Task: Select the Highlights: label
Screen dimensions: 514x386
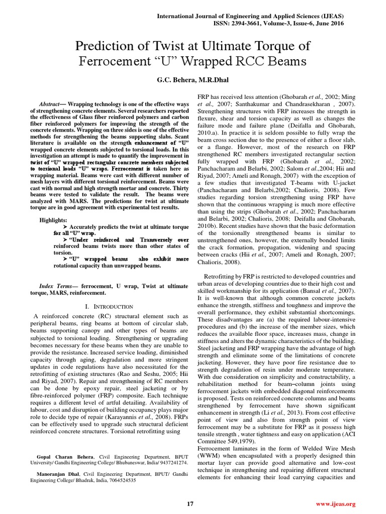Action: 54,220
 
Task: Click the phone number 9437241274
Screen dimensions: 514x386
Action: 171,463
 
